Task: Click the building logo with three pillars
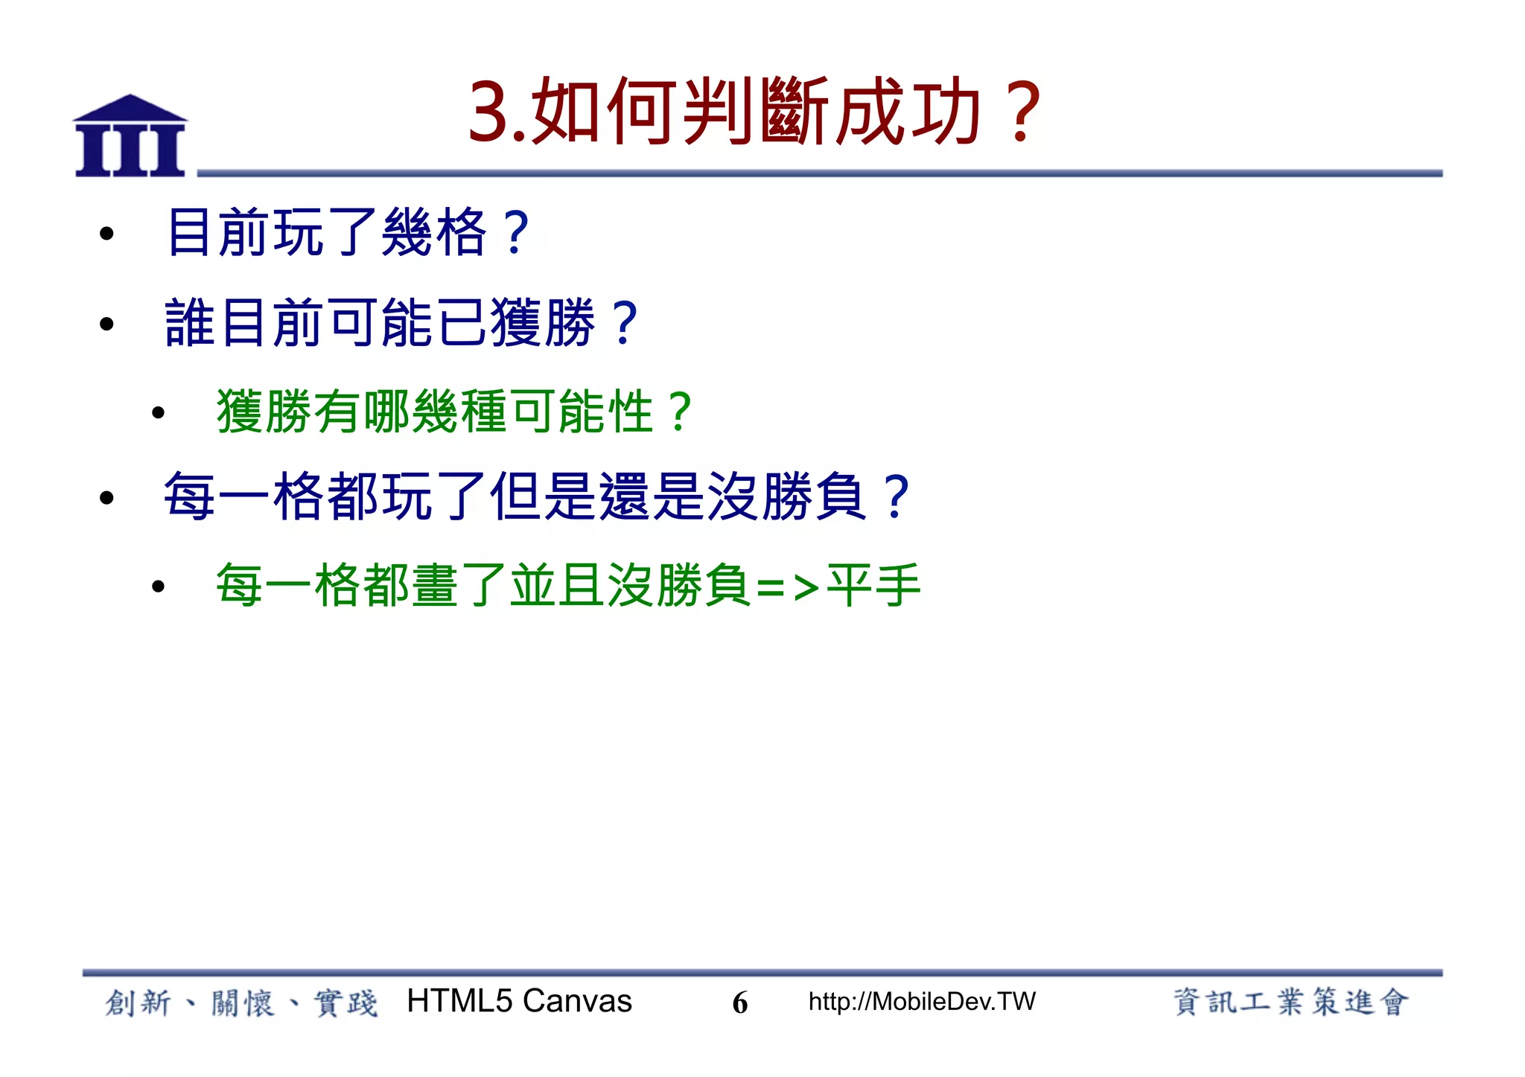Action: pos(130,135)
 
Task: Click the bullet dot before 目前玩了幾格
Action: pos(106,234)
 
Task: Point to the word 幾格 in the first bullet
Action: pos(434,233)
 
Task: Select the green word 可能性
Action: pos(582,412)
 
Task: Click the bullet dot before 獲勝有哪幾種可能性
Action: pos(158,413)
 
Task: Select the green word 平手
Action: pos(874,586)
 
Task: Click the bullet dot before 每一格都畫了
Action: pos(158,587)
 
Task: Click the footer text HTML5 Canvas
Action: pos(519,1001)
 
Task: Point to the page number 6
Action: pos(739,1003)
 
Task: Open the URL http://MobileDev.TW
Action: pos(922,1002)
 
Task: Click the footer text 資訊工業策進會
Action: pos(1290,1002)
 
